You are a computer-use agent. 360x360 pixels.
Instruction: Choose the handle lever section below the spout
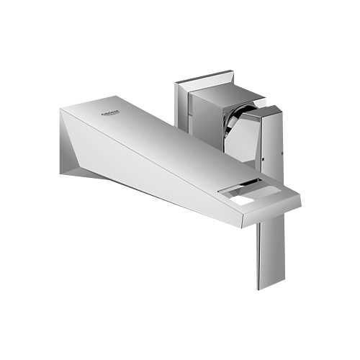pyautogui.click(x=268, y=252)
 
